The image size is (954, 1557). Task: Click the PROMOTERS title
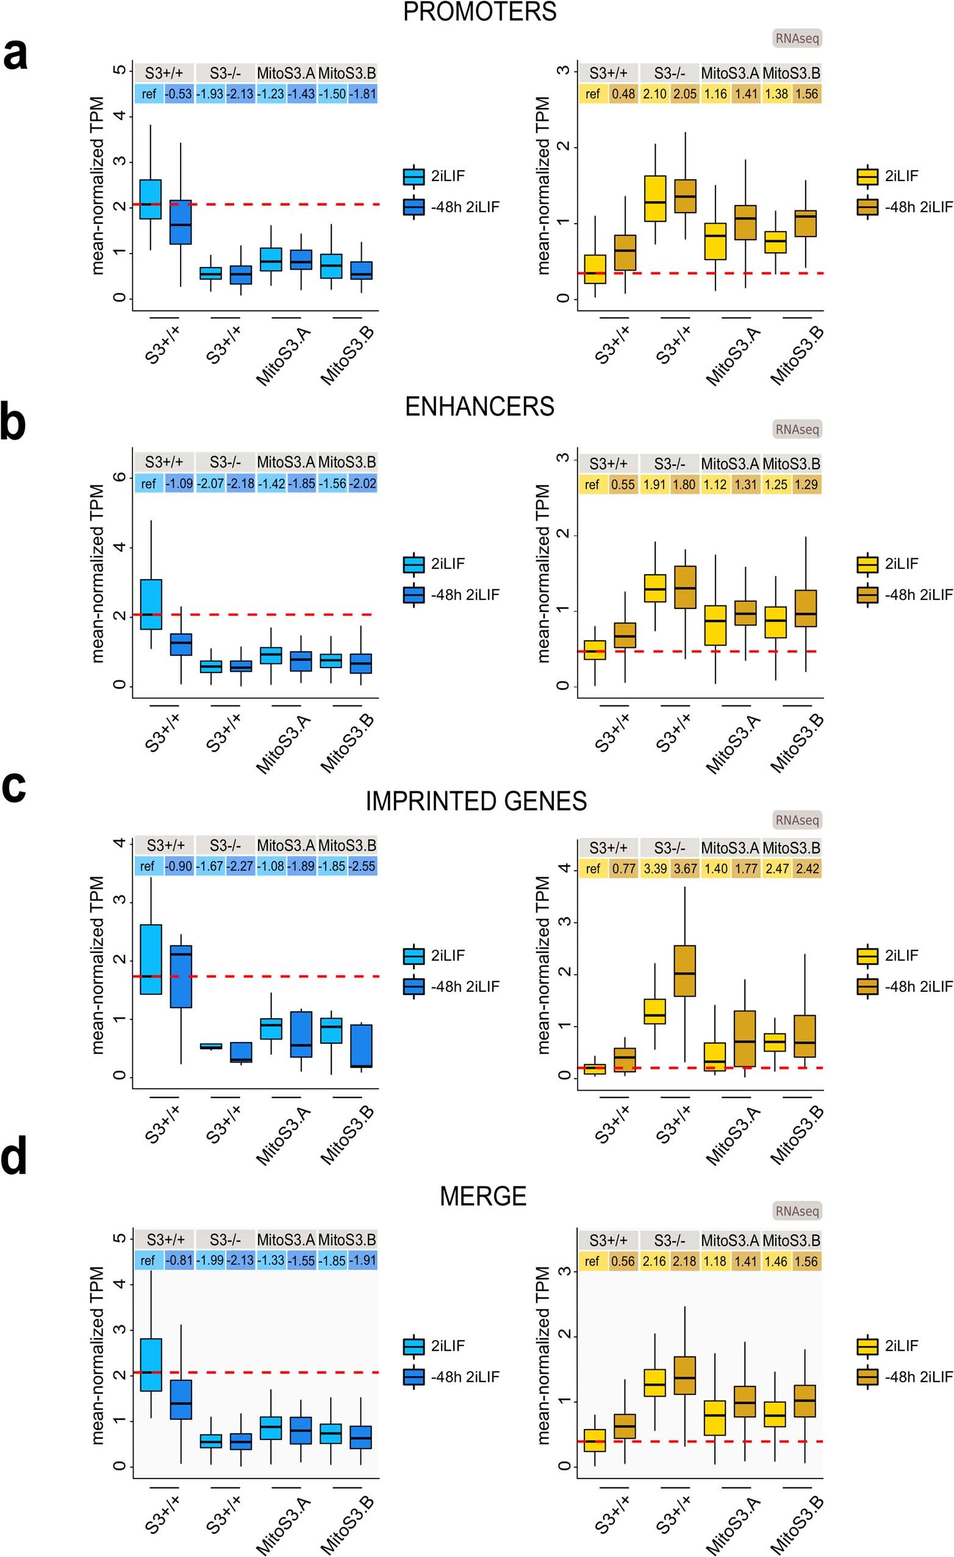[479, 12]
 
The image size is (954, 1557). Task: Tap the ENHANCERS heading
[479, 406]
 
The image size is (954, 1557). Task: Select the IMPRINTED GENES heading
[475, 801]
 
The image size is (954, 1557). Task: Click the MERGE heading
[483, 1196]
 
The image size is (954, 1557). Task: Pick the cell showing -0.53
[179, 94]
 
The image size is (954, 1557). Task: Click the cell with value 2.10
[655, 94]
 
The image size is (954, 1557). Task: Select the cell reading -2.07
[210, 483]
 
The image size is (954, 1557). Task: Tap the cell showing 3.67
[684, 868]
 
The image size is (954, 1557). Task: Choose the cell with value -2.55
[362, 866]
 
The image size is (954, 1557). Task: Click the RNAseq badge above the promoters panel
[797, 38]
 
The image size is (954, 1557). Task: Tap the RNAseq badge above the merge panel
[797, 1211]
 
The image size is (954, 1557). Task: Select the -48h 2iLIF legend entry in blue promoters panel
[451, 207]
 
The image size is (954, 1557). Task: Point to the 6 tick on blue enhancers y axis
[119, 477]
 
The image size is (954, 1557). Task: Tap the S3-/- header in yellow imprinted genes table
[670, 847]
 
